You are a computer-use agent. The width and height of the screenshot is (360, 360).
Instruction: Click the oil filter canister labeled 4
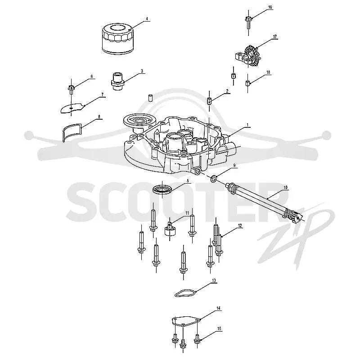117,39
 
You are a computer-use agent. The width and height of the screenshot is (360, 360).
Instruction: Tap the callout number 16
270,7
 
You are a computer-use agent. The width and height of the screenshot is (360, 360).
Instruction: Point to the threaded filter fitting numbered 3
118,81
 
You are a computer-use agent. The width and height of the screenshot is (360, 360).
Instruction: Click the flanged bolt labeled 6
71,89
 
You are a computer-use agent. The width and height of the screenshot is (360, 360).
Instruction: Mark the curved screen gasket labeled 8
72,131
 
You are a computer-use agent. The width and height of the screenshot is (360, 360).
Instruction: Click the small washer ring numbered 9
214,178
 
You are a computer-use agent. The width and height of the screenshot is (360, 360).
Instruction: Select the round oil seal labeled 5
162,189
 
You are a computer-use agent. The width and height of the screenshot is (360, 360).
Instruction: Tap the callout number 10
285,188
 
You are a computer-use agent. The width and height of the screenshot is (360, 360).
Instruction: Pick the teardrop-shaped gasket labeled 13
185,293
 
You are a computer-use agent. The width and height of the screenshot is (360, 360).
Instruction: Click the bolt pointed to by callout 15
197,339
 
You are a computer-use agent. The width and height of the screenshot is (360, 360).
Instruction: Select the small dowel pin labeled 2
209,101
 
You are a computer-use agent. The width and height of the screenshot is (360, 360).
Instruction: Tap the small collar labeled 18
247,83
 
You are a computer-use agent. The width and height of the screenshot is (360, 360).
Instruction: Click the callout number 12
240,226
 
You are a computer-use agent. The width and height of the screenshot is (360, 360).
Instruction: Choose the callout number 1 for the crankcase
247,125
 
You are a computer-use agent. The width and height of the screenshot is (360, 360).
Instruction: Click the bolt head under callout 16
248,18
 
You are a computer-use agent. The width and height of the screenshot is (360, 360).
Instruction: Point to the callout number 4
147,18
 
